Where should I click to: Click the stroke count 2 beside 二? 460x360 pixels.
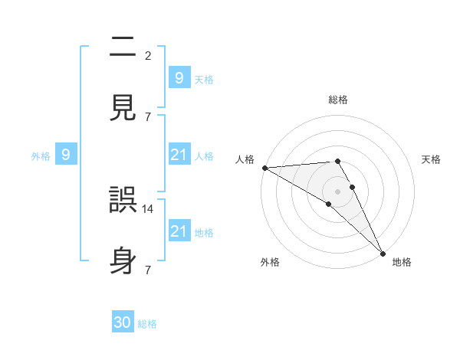[148, 55]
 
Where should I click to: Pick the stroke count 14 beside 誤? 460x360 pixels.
[148, 208]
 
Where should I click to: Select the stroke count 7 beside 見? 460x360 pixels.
[148, 116]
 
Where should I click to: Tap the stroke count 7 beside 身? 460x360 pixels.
[148, 270]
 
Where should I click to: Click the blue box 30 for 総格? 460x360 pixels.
[123, 322]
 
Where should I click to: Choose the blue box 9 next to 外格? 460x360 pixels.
[66, 155]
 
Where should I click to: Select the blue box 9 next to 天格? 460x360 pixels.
[179, 77]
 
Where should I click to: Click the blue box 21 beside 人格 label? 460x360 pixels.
[179, 155]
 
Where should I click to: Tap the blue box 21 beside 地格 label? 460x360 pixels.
[179, 231]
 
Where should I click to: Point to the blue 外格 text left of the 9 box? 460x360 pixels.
[41, 155]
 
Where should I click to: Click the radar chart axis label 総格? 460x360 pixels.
[337, 100]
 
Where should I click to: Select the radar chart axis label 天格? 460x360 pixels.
[432, 159]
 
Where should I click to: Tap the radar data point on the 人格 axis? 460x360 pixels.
[264, 168]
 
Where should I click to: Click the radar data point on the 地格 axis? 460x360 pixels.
[383, 252]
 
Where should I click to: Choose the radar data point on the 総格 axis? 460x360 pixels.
[337, 161]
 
